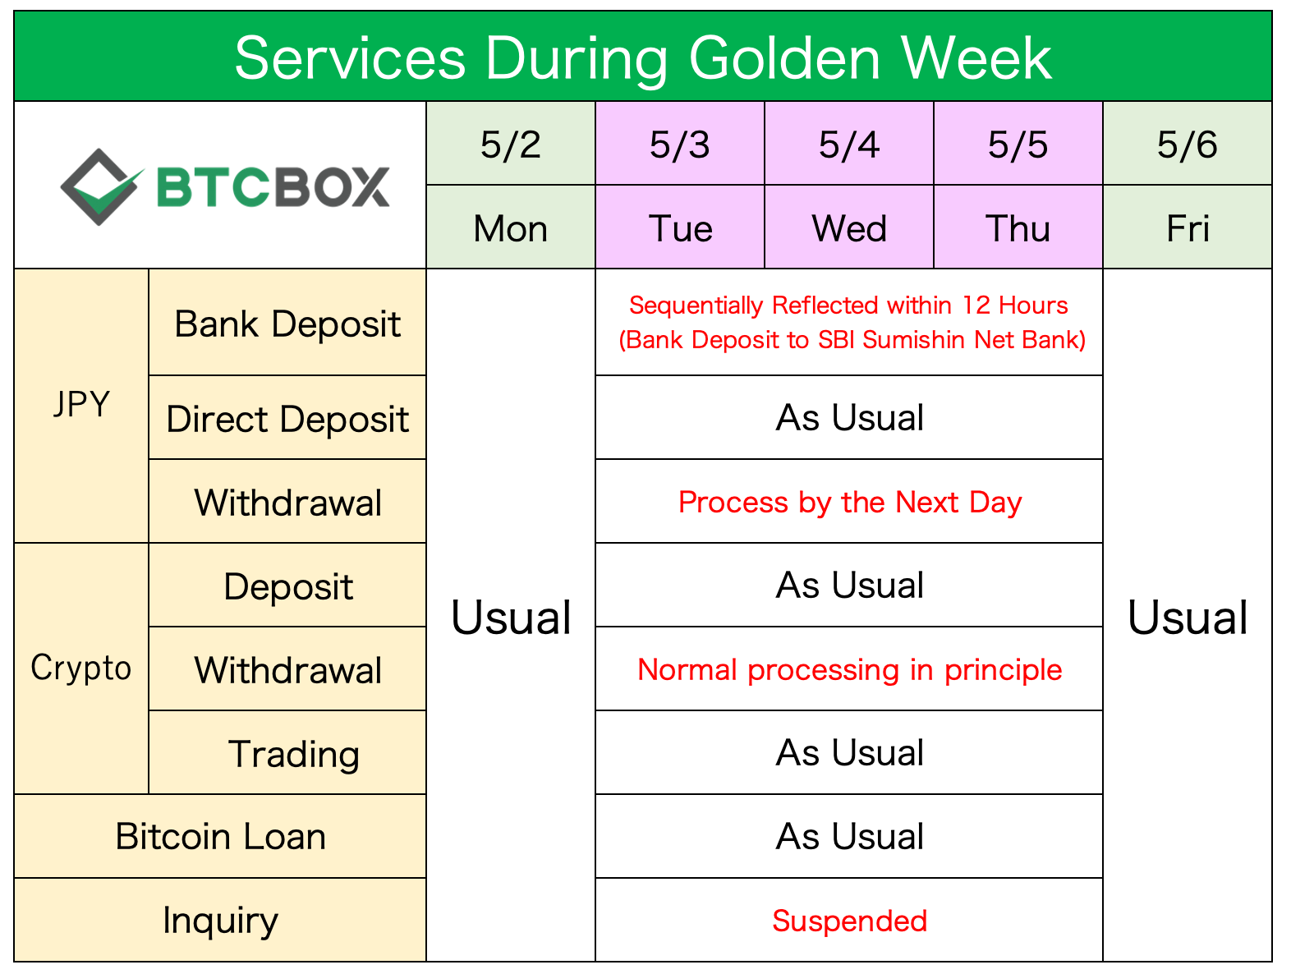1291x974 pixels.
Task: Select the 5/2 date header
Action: (511, 144)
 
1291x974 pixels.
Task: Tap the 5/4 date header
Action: (848, 144)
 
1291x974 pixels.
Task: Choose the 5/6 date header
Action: (1187, 144)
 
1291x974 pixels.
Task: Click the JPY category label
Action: (82, 404)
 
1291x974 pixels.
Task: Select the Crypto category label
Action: (81, 668)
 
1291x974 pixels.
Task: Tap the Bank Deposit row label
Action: (287, 324)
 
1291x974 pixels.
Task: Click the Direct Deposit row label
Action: (287, 419)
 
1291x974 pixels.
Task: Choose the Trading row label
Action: (293, 754)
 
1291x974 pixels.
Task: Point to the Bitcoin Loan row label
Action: (221, 836)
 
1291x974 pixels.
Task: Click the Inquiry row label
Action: (221, 921)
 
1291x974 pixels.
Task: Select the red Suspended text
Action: (849, 921)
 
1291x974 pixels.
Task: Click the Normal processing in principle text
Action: (849, 670)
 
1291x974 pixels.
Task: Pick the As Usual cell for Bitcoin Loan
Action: (849, 836)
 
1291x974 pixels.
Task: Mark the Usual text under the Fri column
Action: (1187, 618)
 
